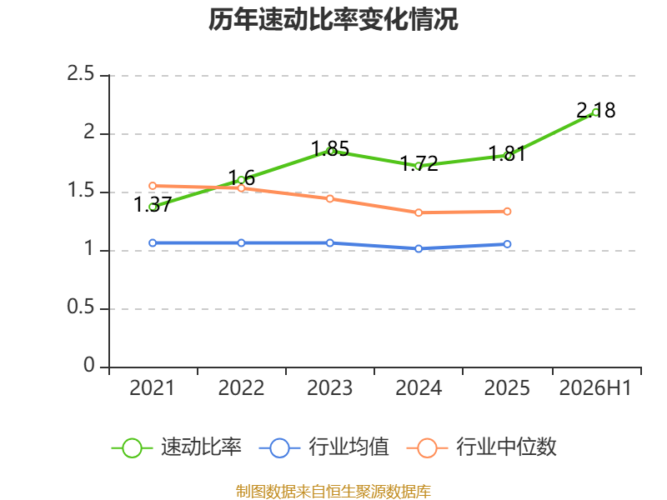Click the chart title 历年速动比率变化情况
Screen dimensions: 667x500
pyautogui.click(x=333, y=19)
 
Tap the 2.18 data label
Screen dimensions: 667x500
pyautogui.click(x=595, y=111)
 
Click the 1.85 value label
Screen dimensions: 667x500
pyautogui.click(x=330, y=149)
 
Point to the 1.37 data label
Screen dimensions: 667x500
pyautogui.click(x=153, y=204)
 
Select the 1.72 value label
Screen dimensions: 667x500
pyautogui.click(x=419, y=163)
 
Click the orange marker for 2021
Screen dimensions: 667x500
pyautogui.click(x=153, y=186)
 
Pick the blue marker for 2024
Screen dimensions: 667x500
pyautogui.click(x=419, y=248)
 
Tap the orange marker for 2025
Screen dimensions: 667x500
pyautogui.click(x=508, y=212)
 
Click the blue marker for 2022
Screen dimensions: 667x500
pyautogui.click(x=241, y=242)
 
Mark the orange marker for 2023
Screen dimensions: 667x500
pyautogui.click(x=330, y=198)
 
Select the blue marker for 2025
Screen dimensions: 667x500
pyautogui.click(x=508, y=244)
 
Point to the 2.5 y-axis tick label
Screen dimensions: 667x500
pyautogui.click(x=80, y=74)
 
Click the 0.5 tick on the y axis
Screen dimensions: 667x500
pyautogui.click(x=80, y=307)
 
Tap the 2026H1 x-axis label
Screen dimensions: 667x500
pyautogui.click(x=595, y=388)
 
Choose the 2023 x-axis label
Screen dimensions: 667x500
pyautogui.click(x=329, y=388)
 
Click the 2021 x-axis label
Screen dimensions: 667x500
pyautogui.click(x=153, y=388)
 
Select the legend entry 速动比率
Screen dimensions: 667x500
pyautogui.click(x=177, y=447)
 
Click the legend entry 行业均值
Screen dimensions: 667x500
pyautogui.click(x=324, y=447)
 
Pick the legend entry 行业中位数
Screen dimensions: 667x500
pyautogui.click(x=482, y=447)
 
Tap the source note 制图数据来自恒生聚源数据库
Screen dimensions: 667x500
pyautogui.click(x=333, y=492)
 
